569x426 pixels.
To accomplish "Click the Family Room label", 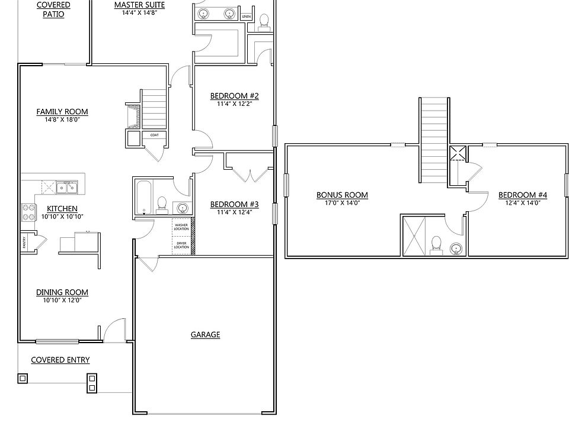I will point(62,111).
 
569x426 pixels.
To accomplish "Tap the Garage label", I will point(205,334).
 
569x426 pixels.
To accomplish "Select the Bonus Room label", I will point(342,195).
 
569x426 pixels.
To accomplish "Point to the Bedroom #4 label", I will point(522,195).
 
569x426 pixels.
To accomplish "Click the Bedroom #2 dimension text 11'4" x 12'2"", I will point(234,104).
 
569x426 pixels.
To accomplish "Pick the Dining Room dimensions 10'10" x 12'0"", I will point(62,300).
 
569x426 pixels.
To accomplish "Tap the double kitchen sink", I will point(66,188).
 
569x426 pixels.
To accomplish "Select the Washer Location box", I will point(181,227).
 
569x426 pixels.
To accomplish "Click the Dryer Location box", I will point(181,245).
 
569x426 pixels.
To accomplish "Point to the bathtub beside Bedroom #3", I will point(143,198).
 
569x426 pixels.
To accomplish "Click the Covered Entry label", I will point(60,360).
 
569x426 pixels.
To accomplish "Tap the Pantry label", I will point(24,242).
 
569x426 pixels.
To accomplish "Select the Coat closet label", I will point(154,135).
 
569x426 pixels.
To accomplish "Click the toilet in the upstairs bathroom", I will point(437,244).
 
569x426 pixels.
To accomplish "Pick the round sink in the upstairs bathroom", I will point(456,248).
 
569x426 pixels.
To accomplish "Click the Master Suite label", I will point(139,5).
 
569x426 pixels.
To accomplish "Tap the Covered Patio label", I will point(53,9).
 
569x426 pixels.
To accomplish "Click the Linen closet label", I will point(246,16).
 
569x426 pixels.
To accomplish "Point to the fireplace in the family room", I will point(133,116).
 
